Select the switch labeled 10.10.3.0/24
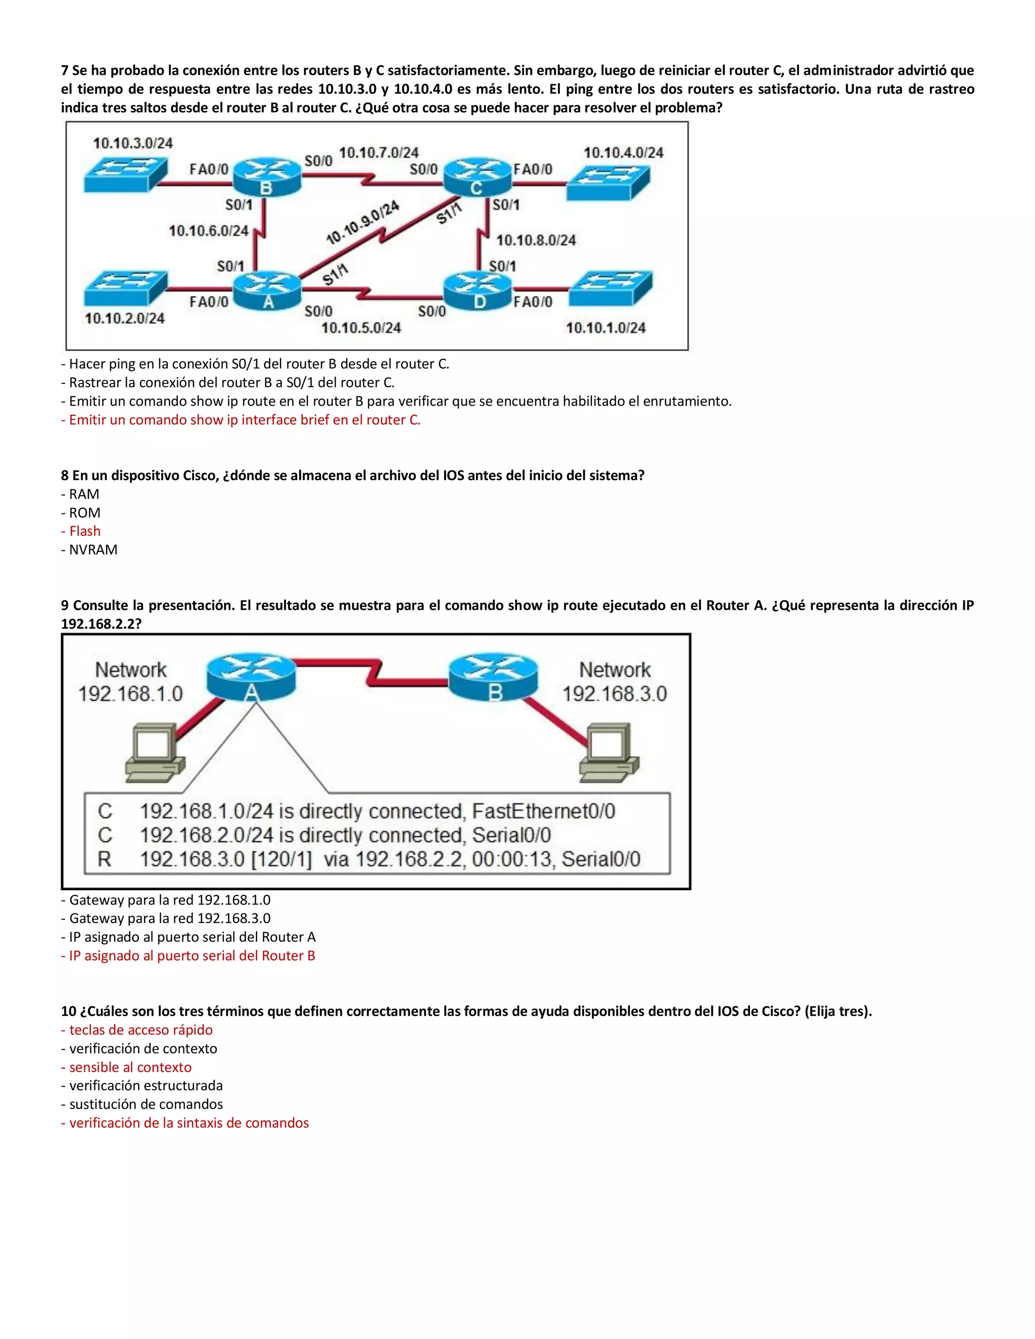[125, 174]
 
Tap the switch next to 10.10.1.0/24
[610, 290]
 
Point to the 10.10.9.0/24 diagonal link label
[362, 222]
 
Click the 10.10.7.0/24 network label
[379, 152]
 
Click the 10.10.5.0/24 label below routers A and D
[361, 328]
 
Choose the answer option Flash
[84, 531]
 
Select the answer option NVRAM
[92, 550]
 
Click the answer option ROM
[84, 512]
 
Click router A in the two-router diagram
[251, 677]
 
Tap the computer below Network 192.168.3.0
[608, 753]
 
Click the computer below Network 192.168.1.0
[155, 753]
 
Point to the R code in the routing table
[104, 859]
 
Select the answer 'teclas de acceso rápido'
[140, 1030]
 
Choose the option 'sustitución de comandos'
[146, 1104]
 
